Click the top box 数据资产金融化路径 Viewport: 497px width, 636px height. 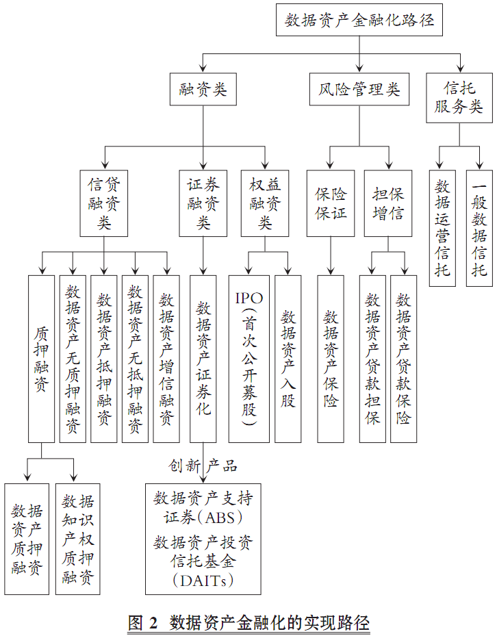pyautogui.click(x=359, y=20)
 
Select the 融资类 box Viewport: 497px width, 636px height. pyautogui.click(x=203, y=89)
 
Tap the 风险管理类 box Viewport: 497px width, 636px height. pyautogui.click(x=359, y=89)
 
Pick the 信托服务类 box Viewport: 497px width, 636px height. pyautogui.click(x=459, y=98)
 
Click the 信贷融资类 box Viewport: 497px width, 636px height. pyautogui.click(x=104, y=203)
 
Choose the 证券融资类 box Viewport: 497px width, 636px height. pyautogui.click(x=203, y=203)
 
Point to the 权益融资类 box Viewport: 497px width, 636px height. pyautogui.click(x=265, y=203)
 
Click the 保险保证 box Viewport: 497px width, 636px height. pyautogui.click(x=331, y=203)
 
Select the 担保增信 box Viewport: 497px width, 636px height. pyautogui.click(x=388, y=203)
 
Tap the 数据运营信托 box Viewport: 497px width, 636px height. pyautogui.click(x=442, y=229)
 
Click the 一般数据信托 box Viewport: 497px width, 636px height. pyautogui.click(x=479, y=229)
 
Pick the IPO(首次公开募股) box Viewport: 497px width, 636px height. pyautogui.click(x=248, y=359)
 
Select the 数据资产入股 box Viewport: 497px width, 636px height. pyautogui.click(x=288, y=359)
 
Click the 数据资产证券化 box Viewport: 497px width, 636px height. pyautogui.click(x=203, y=359)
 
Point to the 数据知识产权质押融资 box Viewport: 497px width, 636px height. pyautogui.click(x=77, y=539)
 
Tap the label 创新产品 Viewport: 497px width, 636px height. pyautogui.click(x=203, y=466)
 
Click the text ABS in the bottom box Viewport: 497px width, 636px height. pyautogui.click(x=220, y=518)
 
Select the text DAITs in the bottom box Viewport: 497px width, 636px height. pyautogui.click(x=203, y=581)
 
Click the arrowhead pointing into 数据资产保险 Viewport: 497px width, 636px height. pyautogui.click(x=331, y=271)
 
